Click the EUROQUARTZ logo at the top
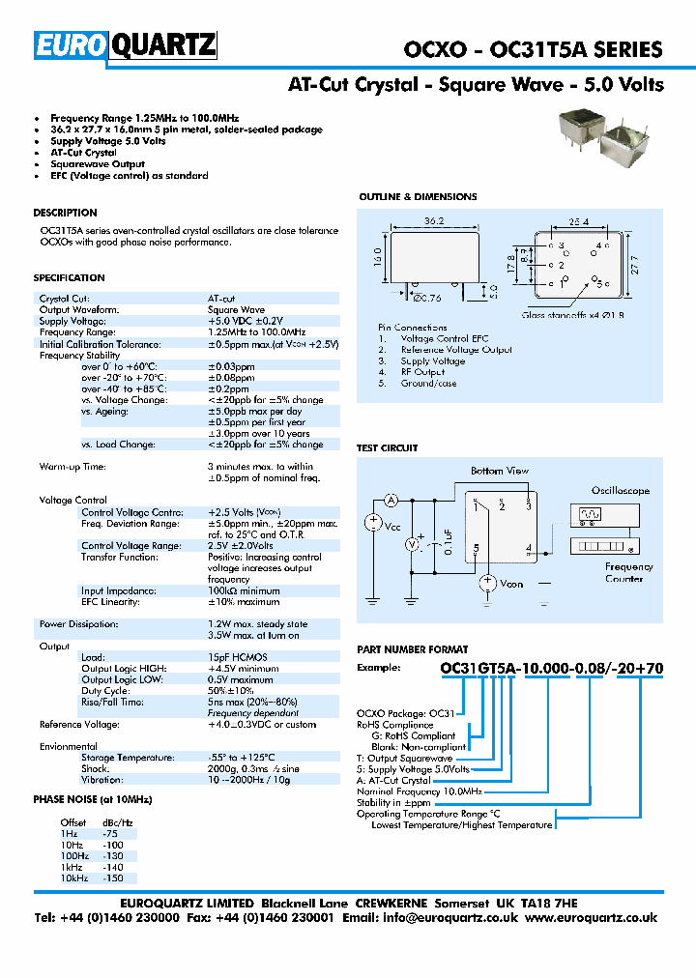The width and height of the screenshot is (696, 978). [125, 45]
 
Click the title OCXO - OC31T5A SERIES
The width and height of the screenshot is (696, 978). [533, 49]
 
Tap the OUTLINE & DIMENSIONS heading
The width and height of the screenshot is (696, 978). [418, 197]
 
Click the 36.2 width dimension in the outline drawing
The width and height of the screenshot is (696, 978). [433, 221]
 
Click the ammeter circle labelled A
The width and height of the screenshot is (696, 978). [391, 500]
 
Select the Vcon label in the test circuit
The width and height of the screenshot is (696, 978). [511, 584]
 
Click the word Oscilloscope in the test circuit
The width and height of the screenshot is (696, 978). [620, 491]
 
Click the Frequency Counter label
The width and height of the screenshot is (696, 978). [628, 572]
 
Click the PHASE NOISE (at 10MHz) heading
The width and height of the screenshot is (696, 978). [93, 799]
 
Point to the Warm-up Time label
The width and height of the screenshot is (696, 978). [72, 467]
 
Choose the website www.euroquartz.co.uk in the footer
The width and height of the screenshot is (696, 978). [593, 918]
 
